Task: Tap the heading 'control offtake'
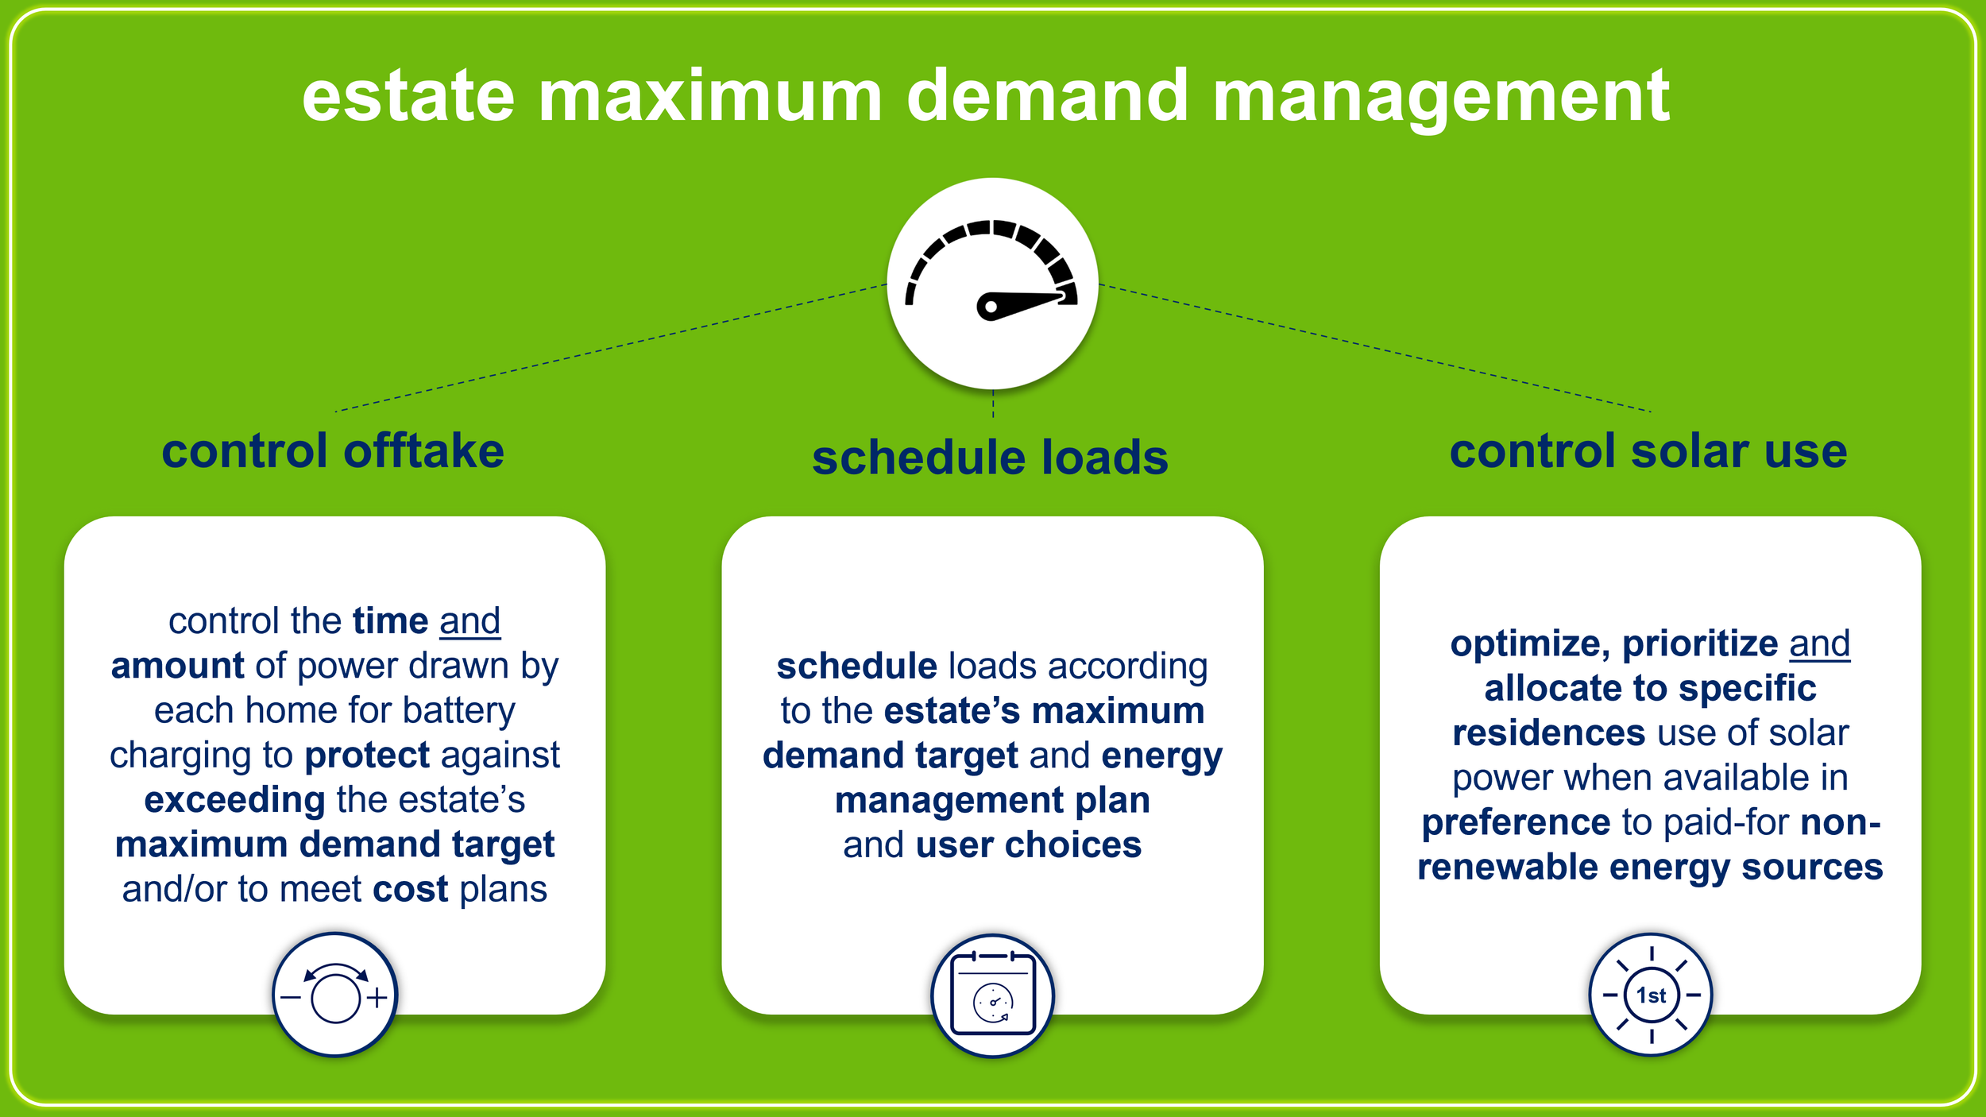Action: (333, 450)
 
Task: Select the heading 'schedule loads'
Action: (990, 458)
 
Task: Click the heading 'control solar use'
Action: (1648, 450)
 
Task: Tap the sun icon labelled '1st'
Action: (1651, 995)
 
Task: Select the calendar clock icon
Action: (992, 995)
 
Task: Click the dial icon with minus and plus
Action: (335, 995)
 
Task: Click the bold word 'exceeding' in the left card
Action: (234, 799)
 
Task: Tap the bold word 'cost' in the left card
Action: (411, 889)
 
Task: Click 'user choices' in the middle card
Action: (1028, 845)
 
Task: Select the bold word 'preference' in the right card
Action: (1515, 822)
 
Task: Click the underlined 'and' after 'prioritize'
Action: (1819, 644)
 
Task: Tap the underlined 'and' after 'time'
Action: (469, 621)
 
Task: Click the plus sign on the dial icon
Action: (377, 997)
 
